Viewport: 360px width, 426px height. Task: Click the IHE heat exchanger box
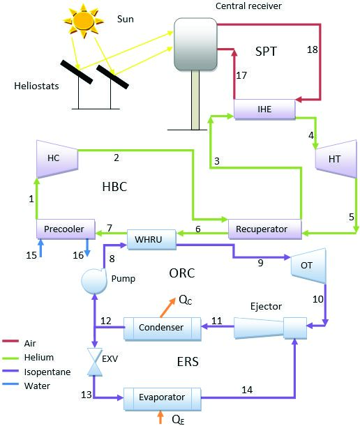pos(264,109)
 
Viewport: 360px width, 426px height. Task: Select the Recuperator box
pos(265,229)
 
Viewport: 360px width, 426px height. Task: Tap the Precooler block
pos(66,229)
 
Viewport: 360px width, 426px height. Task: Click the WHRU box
pos(151,239)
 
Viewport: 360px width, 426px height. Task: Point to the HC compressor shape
pos(57,159)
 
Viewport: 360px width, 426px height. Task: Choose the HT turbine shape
pos(336,159)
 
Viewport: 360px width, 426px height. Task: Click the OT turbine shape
pos(308,266)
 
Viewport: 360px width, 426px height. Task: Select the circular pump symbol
pos(94,281)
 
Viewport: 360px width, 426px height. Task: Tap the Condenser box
pos(163,328)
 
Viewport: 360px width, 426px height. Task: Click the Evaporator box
pos(163,399)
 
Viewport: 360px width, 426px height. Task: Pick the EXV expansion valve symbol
pos(95,362)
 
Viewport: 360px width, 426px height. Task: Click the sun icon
pos(84,20)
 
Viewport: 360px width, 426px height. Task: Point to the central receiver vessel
pos(195,44)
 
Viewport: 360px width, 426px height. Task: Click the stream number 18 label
pos(313,50)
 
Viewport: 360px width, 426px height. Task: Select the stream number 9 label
pos(260,263)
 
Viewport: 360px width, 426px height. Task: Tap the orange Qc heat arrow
pos(167,307)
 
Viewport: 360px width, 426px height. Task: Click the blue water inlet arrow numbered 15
pos(40,248)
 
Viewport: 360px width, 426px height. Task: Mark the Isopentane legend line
pos(10,371)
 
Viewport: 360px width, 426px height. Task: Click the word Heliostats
pos(36,86)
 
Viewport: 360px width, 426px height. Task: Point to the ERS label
pos(188,362)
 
